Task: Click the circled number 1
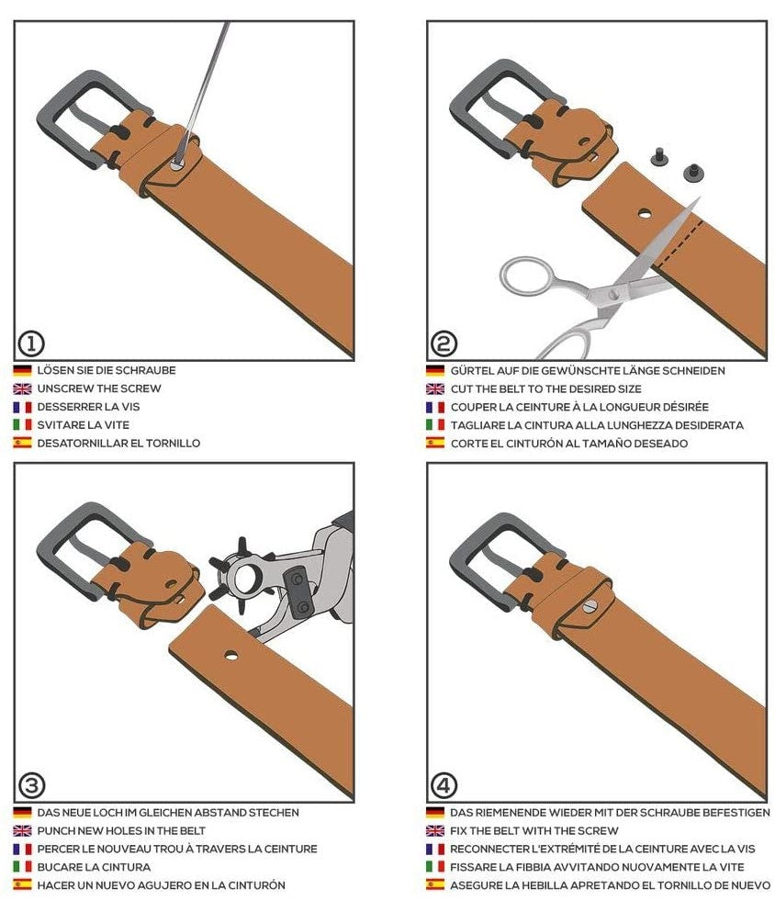(x=31, y=343)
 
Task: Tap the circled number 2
(x=444, y=343)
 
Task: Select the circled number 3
(x=31, y=786)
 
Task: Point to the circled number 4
(x=444, y=786)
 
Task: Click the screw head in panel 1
(x=177, y=164)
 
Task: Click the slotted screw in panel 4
(x=590, y=607)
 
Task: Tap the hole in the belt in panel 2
(x=645, y=214)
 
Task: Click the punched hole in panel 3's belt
(x=231, y=656)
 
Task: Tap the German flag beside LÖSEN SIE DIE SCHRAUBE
(x=22, y=370)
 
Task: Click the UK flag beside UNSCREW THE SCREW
(x=22, y=388)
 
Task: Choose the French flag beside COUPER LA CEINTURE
(x=435, y=407)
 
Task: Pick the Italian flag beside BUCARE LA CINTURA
(x=22, y=867)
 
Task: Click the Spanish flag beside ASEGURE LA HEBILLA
(x=435, y=885)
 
